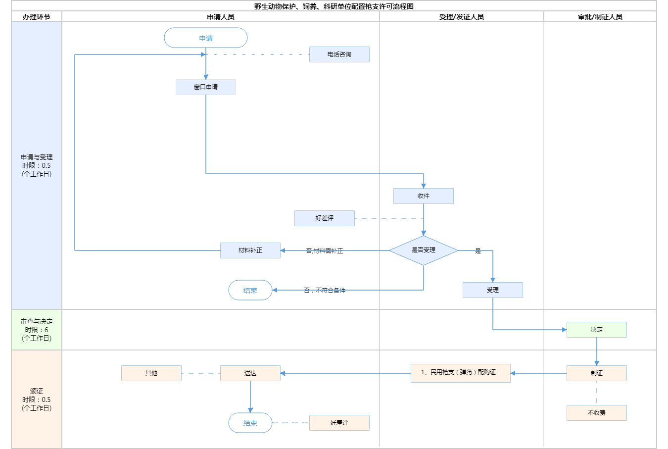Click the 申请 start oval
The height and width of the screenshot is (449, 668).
click(x=206, y=38)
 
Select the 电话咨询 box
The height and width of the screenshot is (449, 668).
click(x=339, y=54)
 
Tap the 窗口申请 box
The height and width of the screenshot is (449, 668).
click(x=206, y=87)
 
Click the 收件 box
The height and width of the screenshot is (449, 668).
click(x=424, y=196)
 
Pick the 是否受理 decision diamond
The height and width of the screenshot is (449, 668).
click(x=424, y=250)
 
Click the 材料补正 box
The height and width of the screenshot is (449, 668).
click(x=250, y=250)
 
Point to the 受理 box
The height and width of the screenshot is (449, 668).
click(x=493, y=290)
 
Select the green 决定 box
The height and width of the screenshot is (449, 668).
click(x=597, y=330)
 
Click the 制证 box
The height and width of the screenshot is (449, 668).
click(x=597, y=373)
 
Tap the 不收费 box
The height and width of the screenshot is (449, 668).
click(x=597, y=413)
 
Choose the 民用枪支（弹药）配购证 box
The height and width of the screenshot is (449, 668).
click(x=461, y=373)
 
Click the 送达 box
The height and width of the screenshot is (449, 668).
click(x=250, y=373)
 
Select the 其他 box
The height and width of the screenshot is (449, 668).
click(x=151, y=373)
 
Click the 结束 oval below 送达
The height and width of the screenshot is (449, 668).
click(x=250, y=423)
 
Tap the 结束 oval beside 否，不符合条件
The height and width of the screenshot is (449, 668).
click(x=250, y=291)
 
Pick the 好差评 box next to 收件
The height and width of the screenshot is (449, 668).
click(x=325, y=218)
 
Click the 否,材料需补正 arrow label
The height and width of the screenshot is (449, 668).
click(x=325, y=251)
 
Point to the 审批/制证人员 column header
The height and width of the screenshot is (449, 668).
click(x=600, y=17)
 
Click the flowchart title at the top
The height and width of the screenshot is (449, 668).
click(x=334, y=6)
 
